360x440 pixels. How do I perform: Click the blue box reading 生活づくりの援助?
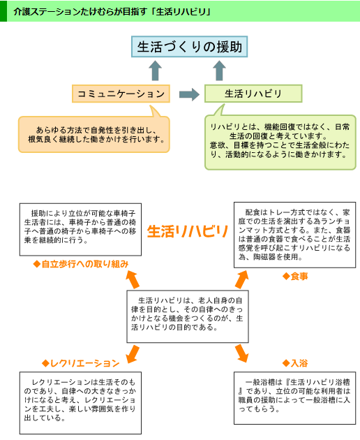tap(188, 47)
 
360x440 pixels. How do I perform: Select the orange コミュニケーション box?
tap(121, 93)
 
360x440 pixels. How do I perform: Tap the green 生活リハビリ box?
tap(253, 93)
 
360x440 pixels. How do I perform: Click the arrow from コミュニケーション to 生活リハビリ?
tap(188, 94)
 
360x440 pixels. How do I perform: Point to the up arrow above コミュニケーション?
tap(156, 71)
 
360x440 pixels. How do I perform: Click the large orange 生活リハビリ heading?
tap(188, 231)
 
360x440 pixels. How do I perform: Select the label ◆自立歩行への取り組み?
tap(80, 264)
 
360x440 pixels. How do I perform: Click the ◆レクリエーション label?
tap(80, 363)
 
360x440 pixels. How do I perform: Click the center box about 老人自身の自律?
tap(188, 313)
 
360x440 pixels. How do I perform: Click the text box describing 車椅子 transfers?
tap(80, 226)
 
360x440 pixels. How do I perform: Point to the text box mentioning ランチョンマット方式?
tap(294, 234)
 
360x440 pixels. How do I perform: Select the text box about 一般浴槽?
tap(294, 396)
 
